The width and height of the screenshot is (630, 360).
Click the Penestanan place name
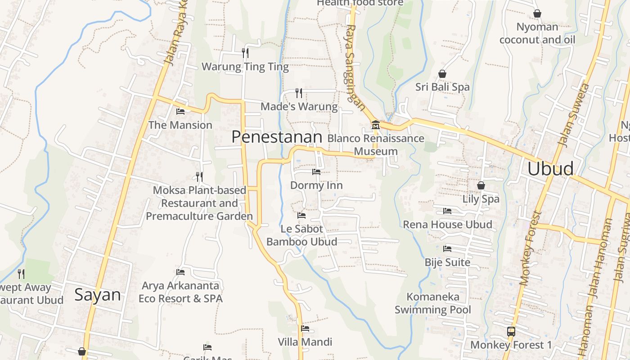click(277, 137)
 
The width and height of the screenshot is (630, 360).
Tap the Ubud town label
click(550, 169)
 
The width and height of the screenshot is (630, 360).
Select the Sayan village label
click(98, 295)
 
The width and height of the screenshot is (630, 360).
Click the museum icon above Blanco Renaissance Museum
click(376, 125)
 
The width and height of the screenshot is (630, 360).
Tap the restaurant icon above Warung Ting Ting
click(245, 53)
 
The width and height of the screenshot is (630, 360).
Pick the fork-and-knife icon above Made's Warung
click(299, 93)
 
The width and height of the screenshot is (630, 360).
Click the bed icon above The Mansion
click(180, 112)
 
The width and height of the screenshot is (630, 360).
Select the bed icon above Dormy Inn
click(316, 172)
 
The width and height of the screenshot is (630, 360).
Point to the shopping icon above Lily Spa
click(481, 185)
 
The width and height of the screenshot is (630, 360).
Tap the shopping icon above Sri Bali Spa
click(442, 74)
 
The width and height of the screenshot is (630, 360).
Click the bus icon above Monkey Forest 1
click(511, 332)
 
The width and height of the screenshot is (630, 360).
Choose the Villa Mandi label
click(305, 342)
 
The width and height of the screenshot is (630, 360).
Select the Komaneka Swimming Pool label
click(433, 303)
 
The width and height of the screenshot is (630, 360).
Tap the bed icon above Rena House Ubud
click(447, 211)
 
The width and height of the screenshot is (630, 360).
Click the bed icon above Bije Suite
click(447, 249)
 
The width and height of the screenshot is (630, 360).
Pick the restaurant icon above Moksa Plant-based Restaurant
click(199, 176)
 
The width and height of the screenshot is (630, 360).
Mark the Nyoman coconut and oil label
click(537, 33)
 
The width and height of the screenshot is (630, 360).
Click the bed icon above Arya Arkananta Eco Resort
click(180, 272)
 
